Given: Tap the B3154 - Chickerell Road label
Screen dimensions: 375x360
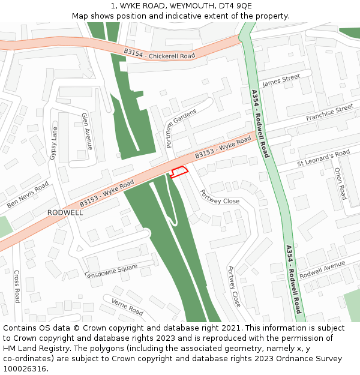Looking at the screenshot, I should click(160, 54).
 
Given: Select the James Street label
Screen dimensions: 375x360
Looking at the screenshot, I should click(281, 79).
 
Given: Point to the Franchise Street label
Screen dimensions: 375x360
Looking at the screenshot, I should click(329, 112).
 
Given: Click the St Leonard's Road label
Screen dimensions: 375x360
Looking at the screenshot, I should click(323, 158).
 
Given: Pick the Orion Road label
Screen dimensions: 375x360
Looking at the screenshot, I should click(340, 184).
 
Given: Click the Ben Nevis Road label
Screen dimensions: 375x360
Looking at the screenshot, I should click(28, 195).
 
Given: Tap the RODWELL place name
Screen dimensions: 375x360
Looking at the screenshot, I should click(65, 212).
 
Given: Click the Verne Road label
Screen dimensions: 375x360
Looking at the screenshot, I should click(127, 307).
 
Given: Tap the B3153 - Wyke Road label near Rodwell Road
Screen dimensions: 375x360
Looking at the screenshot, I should click(223, 148).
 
